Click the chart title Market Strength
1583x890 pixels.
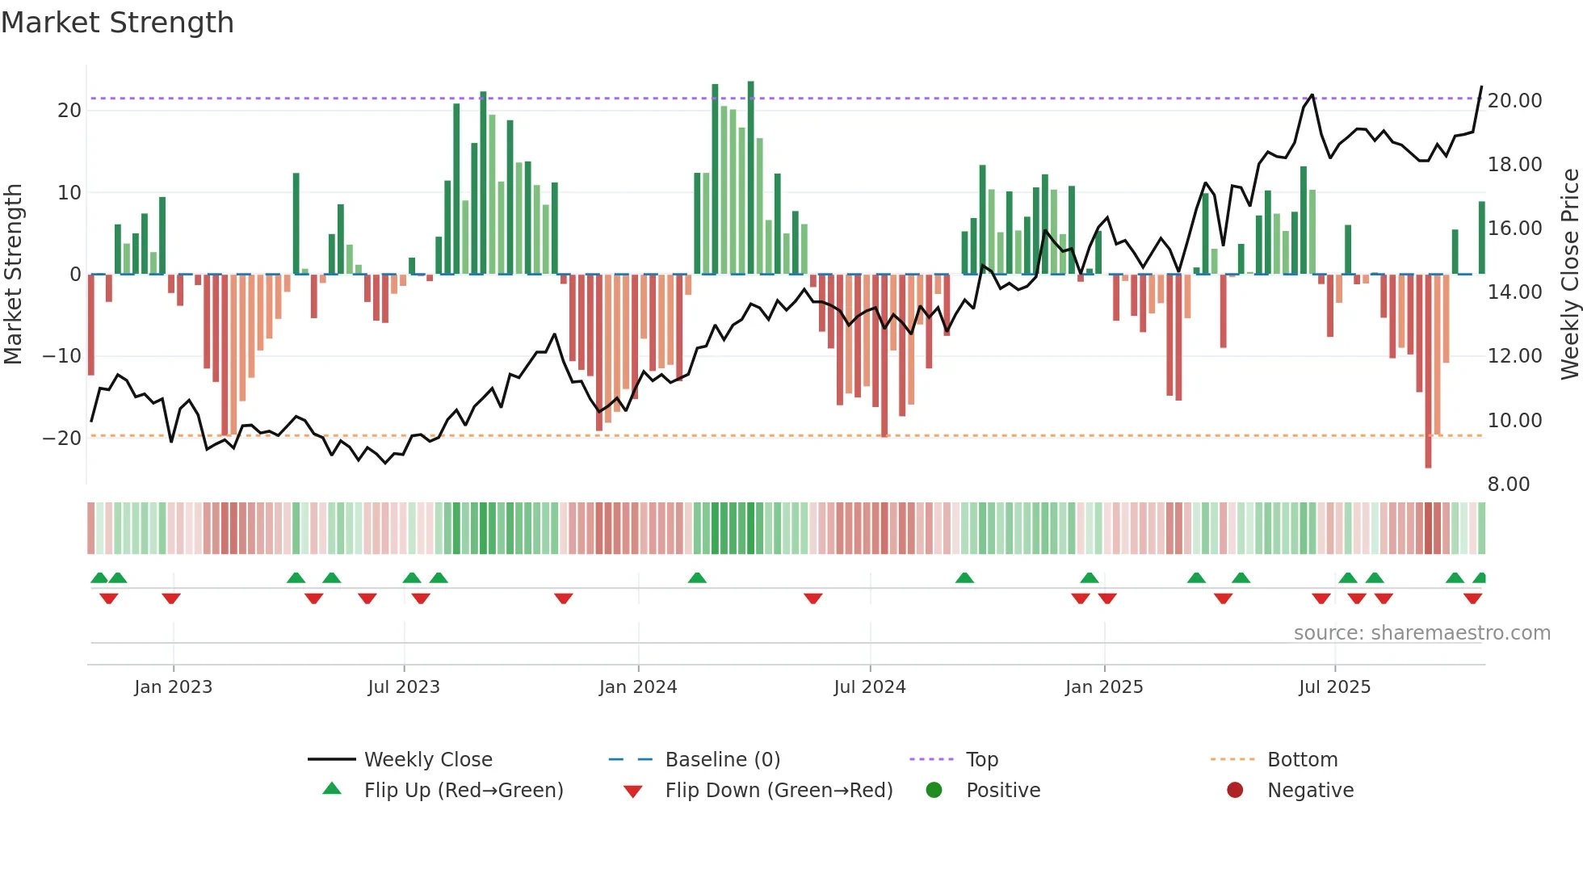[x=117, y=23]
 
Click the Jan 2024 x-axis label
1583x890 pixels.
[x=637, y=687]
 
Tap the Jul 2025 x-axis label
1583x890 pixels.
[x=1334, y=687]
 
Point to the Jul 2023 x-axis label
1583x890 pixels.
[x=403, y=687]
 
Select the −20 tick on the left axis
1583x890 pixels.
[x=62, y=439]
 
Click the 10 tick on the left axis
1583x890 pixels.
[x=69, y=193]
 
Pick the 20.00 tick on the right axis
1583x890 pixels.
[x=1514, y=101]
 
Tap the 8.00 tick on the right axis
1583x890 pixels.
[x=1508, y=485]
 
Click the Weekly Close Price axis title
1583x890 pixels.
[x=1569, y=274]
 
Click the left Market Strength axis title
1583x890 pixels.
[x=13, y=274]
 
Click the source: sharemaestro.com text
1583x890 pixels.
[x=1421, y=633]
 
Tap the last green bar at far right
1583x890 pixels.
[x=1481, y=238]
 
